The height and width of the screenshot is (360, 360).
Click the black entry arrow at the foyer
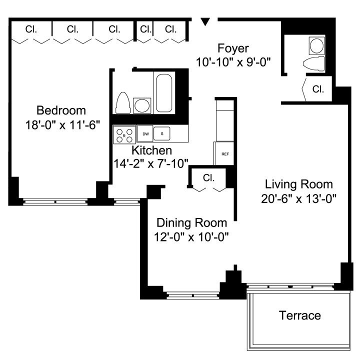(x=205, y=22)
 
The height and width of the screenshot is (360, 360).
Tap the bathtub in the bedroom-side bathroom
(x=164, y=93)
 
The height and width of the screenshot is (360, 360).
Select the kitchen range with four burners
(x=124, y=134)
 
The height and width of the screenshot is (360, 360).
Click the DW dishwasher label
(x=145, y=134)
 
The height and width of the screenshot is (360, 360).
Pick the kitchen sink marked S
(x=162, y=133)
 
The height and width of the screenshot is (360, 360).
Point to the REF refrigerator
(x=224, y=153)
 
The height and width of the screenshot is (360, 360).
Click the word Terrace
(x=300, y=315)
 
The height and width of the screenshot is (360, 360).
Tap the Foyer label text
(x=233, y=48)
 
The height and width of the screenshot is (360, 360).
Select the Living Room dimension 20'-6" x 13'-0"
(x=298, y=199)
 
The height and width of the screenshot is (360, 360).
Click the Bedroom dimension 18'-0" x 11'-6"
(x=62, y=125)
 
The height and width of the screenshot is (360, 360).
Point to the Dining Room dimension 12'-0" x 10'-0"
(x=191, y=237)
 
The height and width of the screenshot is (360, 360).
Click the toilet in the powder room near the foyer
(x=314, y=63)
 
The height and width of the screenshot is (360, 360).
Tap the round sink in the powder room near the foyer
(x=317, y=45)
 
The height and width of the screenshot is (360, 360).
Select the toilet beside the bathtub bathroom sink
(x=123, y=103)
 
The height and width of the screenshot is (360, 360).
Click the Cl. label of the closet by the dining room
(x=208, y=177)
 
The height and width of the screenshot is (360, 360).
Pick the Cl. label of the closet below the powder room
(x=318, y=89)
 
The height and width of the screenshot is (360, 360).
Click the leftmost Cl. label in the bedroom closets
(x=31, y=29)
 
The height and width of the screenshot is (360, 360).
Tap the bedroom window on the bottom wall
(x=55, y=202)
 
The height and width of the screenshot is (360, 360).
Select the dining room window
(x=193, y=295)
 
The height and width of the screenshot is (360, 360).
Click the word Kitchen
(x=152, y=150)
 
